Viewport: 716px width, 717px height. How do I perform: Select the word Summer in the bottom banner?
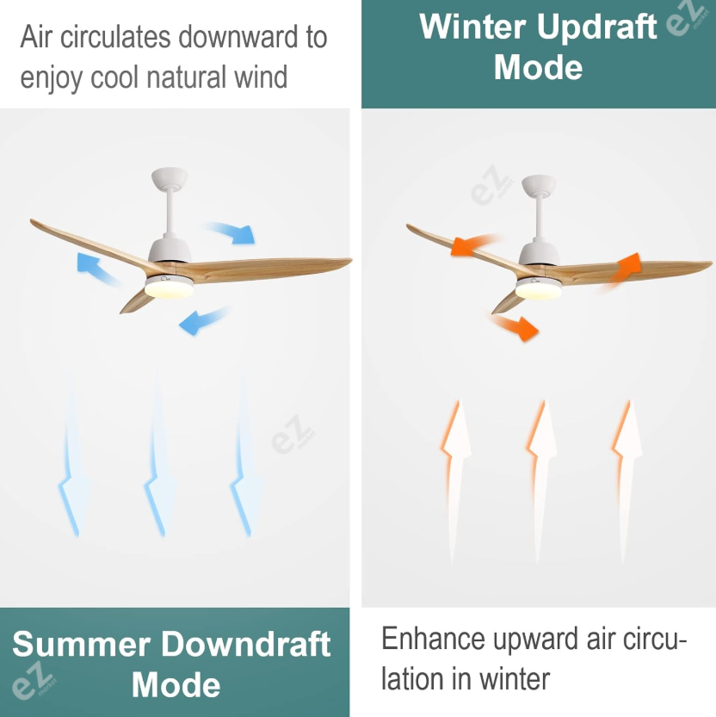click(x=82, y=645)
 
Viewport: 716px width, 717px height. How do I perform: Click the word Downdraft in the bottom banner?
click(x=246, y=645)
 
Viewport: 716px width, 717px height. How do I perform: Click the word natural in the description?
click(x=187, y=77)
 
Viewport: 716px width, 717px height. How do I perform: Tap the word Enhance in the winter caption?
click(x=433, y=639)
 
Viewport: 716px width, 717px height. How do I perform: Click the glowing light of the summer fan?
click(x=170, y=288)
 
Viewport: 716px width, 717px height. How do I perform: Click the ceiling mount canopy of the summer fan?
click(x=170, y=177)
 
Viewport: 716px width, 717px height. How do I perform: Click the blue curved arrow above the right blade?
click(x=231, y=232)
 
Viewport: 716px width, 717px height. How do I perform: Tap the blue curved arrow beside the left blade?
click(x=97, y=269)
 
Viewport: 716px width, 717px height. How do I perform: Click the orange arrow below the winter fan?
click(x=515, y=326)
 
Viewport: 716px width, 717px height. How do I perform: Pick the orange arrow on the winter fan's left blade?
click(x=474, y=244)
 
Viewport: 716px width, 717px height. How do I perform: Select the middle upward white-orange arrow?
click(x=542, y=480)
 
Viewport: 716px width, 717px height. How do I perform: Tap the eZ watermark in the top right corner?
click(x=686, y=18)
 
